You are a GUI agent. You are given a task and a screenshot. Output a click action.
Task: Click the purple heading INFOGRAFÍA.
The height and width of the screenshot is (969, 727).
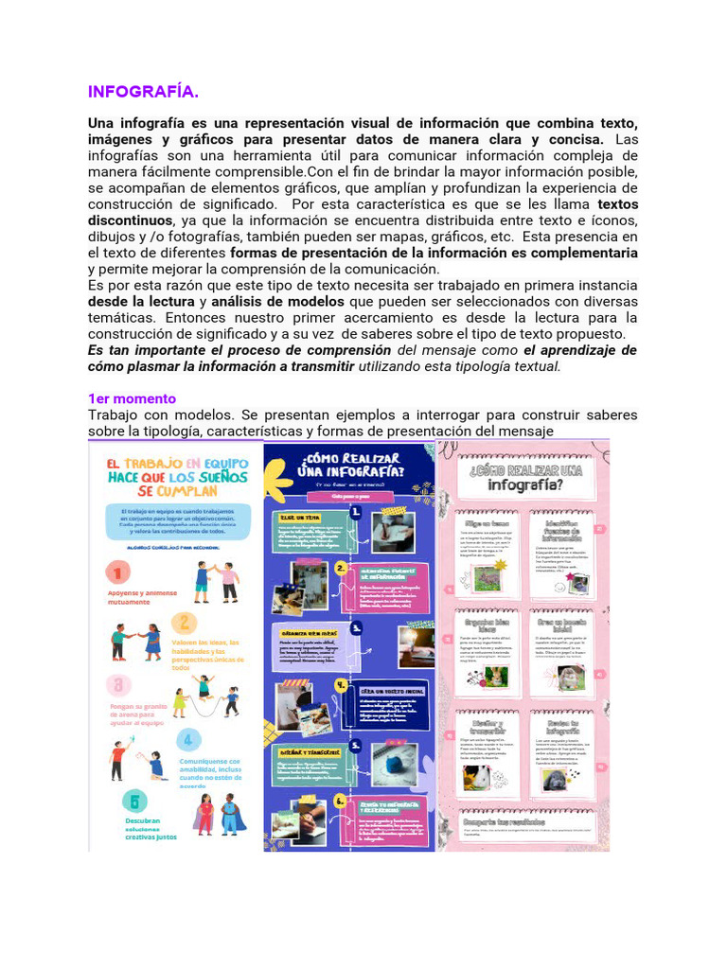143,92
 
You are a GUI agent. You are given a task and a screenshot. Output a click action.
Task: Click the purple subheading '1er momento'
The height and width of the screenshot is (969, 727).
132,398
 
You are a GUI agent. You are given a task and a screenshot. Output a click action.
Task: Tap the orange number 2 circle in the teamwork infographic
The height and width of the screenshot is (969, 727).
186,622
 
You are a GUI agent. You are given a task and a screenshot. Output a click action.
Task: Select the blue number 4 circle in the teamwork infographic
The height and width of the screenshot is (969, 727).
188,739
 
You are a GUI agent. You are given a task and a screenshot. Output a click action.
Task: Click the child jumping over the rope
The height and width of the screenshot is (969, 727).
203,688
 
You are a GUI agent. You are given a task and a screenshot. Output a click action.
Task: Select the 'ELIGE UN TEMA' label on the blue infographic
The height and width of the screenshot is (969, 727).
300,517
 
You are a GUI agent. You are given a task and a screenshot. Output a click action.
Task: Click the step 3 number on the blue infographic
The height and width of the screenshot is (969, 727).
356,626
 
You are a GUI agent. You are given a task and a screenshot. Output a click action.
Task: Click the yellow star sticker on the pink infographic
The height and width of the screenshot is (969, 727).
500,563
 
